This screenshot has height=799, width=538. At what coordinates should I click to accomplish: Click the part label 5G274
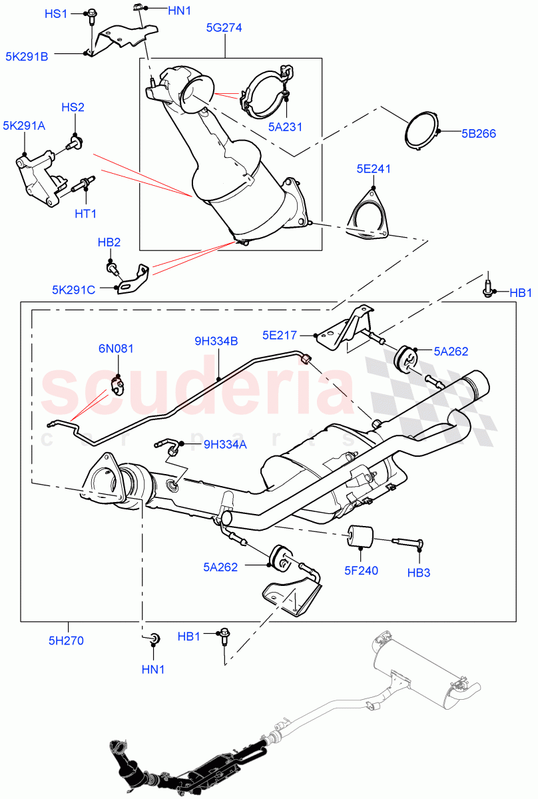[x=223, y=28]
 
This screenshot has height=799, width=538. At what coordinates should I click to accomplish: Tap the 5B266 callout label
[x=479, y=133]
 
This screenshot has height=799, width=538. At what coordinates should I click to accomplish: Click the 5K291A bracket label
[x=23, y=125]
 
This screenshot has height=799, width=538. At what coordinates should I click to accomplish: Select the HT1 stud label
[x=86, y=213]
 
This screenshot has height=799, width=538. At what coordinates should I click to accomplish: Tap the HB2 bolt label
[x=109, y=243]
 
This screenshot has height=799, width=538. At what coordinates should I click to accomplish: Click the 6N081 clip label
[x=117, y=348]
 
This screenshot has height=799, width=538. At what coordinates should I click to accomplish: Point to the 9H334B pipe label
[x=216, y=342]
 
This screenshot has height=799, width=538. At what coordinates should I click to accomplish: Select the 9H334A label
[x=225, y=444]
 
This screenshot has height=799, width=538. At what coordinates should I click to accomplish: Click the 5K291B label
[x=27, y=57]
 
